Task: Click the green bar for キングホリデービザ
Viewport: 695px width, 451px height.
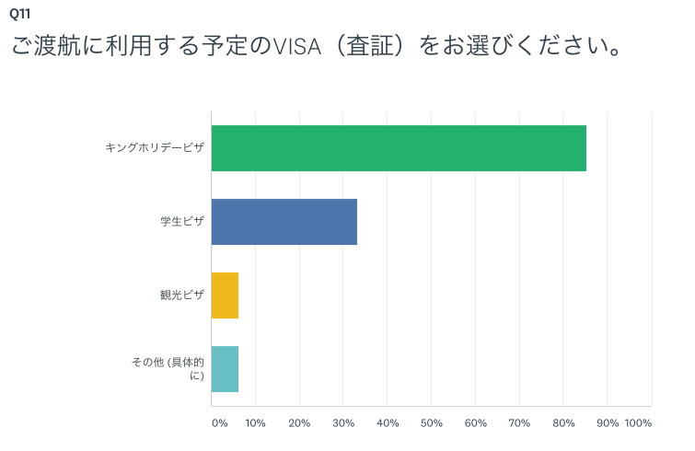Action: pos(399,148)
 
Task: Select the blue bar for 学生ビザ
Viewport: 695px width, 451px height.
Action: pos(284,222)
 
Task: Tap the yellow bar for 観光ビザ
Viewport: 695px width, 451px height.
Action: pos(225,295)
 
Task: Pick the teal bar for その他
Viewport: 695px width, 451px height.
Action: pos(225,369)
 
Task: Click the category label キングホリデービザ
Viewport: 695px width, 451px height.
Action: pos(155,148)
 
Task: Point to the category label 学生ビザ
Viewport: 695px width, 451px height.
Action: pos(181,222)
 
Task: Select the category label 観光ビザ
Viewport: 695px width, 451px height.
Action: pos(181,295)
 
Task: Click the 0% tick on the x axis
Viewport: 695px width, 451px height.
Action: pos(219,423)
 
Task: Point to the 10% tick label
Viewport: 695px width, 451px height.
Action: pos(255,423)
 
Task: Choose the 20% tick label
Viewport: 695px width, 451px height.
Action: pos(299,423)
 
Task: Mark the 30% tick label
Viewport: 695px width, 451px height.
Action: pos(343,423)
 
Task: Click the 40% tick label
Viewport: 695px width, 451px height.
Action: pos(388,423)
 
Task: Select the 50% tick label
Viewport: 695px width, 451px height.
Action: pos(432,423)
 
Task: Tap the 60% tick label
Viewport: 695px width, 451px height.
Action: pos(476,423)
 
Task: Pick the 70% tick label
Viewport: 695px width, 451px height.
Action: pos(520,423)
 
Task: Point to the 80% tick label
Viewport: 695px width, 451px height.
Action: pos(564,423)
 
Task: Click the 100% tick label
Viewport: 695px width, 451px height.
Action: pos(638,423)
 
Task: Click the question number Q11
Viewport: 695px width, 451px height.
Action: pos(18,14)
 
